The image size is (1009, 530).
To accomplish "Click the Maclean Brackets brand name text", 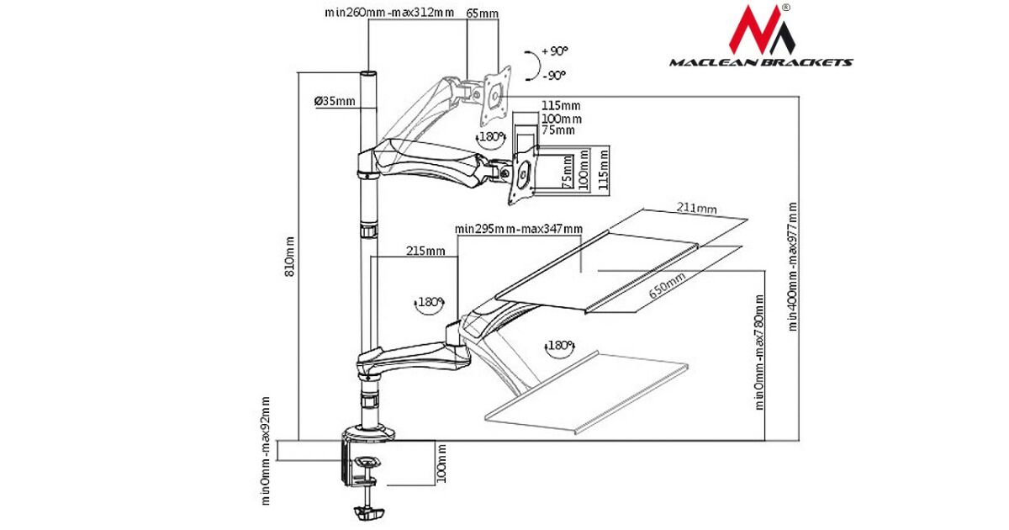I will [x=761, y=62].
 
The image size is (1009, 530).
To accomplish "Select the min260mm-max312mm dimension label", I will [x=388, y=13].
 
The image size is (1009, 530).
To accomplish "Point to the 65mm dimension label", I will [x=482, y=13].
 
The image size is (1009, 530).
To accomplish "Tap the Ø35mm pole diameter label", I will [x=335, y=102].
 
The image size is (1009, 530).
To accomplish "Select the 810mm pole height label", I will [x=289, y=256].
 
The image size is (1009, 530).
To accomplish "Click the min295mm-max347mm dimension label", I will [x=518, y=228].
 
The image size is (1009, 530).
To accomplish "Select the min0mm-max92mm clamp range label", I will [x=266, y=450].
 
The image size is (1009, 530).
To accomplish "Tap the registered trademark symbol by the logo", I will [x=784, y=8].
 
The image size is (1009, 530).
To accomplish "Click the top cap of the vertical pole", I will [x=368, y=76].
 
